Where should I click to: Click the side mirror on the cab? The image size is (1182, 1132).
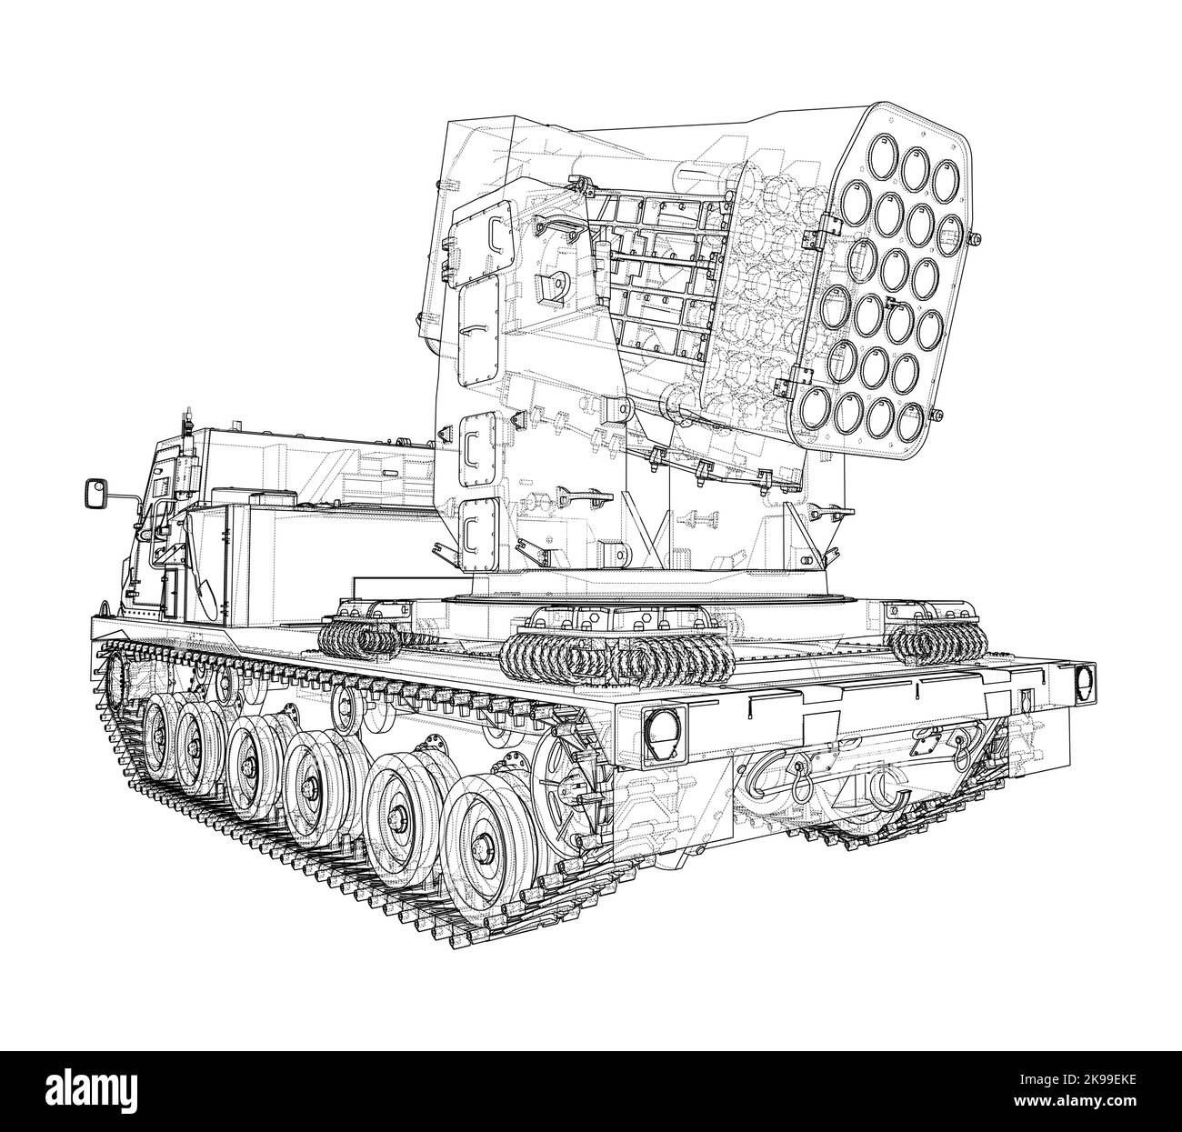pos(95,493)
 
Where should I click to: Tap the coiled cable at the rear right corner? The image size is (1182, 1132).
pos(937,641)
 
